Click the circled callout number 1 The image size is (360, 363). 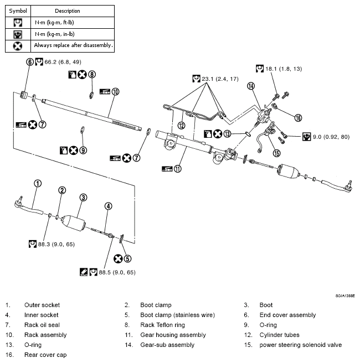(37, 183)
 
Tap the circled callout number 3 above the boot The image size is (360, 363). (83, 198)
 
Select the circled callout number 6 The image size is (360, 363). (29, 62)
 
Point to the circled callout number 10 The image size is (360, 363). (115, 91)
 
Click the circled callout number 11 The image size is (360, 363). (177, 169)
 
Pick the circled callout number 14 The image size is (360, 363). (251, 86)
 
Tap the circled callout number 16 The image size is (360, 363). (298, 118)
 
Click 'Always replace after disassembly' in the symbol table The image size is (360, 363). (73, 45)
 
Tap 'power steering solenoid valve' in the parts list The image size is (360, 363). (301, 345)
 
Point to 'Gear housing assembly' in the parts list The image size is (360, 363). (164, 335)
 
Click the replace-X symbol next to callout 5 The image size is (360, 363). (117, 258)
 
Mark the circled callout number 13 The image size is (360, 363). (227, 134)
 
